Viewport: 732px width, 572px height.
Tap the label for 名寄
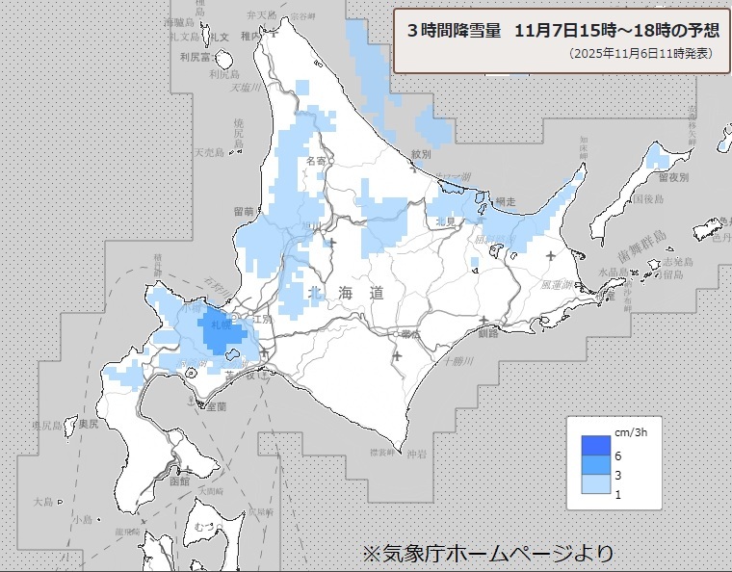[315, 161]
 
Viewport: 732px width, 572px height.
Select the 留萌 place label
[243, 211]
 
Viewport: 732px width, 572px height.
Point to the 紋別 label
[421, 153]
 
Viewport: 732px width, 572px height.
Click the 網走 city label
[505, 201]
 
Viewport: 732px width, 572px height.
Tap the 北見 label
[445, 221]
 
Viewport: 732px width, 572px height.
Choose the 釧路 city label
[487, 333]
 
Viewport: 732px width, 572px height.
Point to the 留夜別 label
[673, 177]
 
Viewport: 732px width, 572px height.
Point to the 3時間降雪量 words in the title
[456, 30]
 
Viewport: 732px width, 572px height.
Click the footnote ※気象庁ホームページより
[486, 554]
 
